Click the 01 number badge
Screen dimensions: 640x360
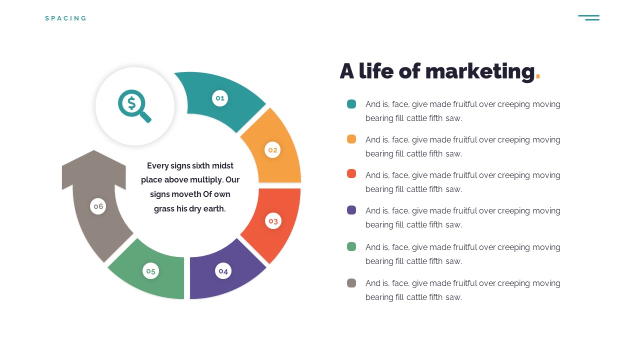point(220,98)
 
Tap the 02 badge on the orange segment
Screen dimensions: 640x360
point(272,150)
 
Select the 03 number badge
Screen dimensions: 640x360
point(273,221)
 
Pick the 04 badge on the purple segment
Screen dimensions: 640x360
point(223,271)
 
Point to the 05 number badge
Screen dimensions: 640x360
point(150,271)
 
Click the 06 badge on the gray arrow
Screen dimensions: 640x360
point(98,206)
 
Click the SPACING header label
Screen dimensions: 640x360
point(65,18)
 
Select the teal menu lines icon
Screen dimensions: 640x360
point(589,17)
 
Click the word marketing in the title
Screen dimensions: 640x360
point(480,71)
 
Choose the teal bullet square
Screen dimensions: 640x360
point(351,104)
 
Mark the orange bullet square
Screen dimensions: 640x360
point(351,139)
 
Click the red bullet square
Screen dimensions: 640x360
point(351,173)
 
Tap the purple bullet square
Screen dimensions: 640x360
point(351,210)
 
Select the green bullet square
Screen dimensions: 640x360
point(351,246)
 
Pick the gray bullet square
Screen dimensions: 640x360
point(351,283)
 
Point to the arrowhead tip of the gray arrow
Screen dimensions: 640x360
point(93,150)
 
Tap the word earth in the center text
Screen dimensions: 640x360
point(214,209)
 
